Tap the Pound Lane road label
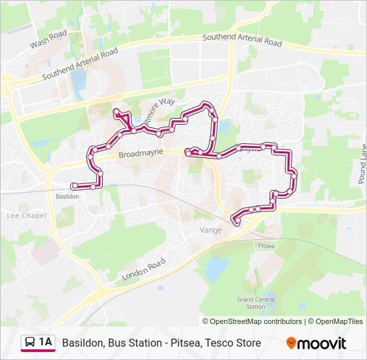coord(362,164)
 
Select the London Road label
coord(143,269)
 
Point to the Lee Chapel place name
coord(26,215)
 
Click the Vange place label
coord(211,229)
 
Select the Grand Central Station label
coord(256,303)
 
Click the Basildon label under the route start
coord(67,197)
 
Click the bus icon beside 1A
coord(30,343)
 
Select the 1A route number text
coord(45,343)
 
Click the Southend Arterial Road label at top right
coord(242,40)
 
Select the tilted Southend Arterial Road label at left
coord(79,64)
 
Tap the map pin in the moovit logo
coord(291,343)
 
